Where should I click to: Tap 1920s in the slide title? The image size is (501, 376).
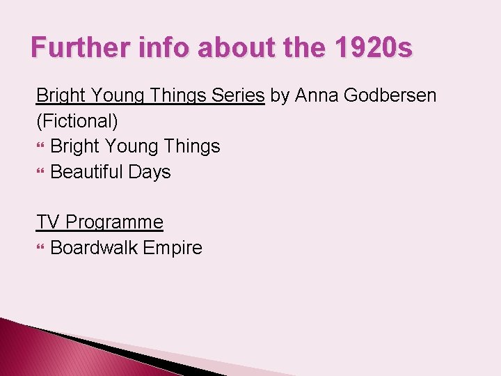click(374, 48)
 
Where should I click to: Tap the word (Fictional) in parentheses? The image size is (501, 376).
click(77, 120)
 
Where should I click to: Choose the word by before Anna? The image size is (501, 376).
click(280, 95)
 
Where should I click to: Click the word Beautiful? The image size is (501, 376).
click(87, 171)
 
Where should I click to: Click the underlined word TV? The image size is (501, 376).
click(48, 222)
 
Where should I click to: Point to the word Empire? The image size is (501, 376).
click(173, 247)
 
